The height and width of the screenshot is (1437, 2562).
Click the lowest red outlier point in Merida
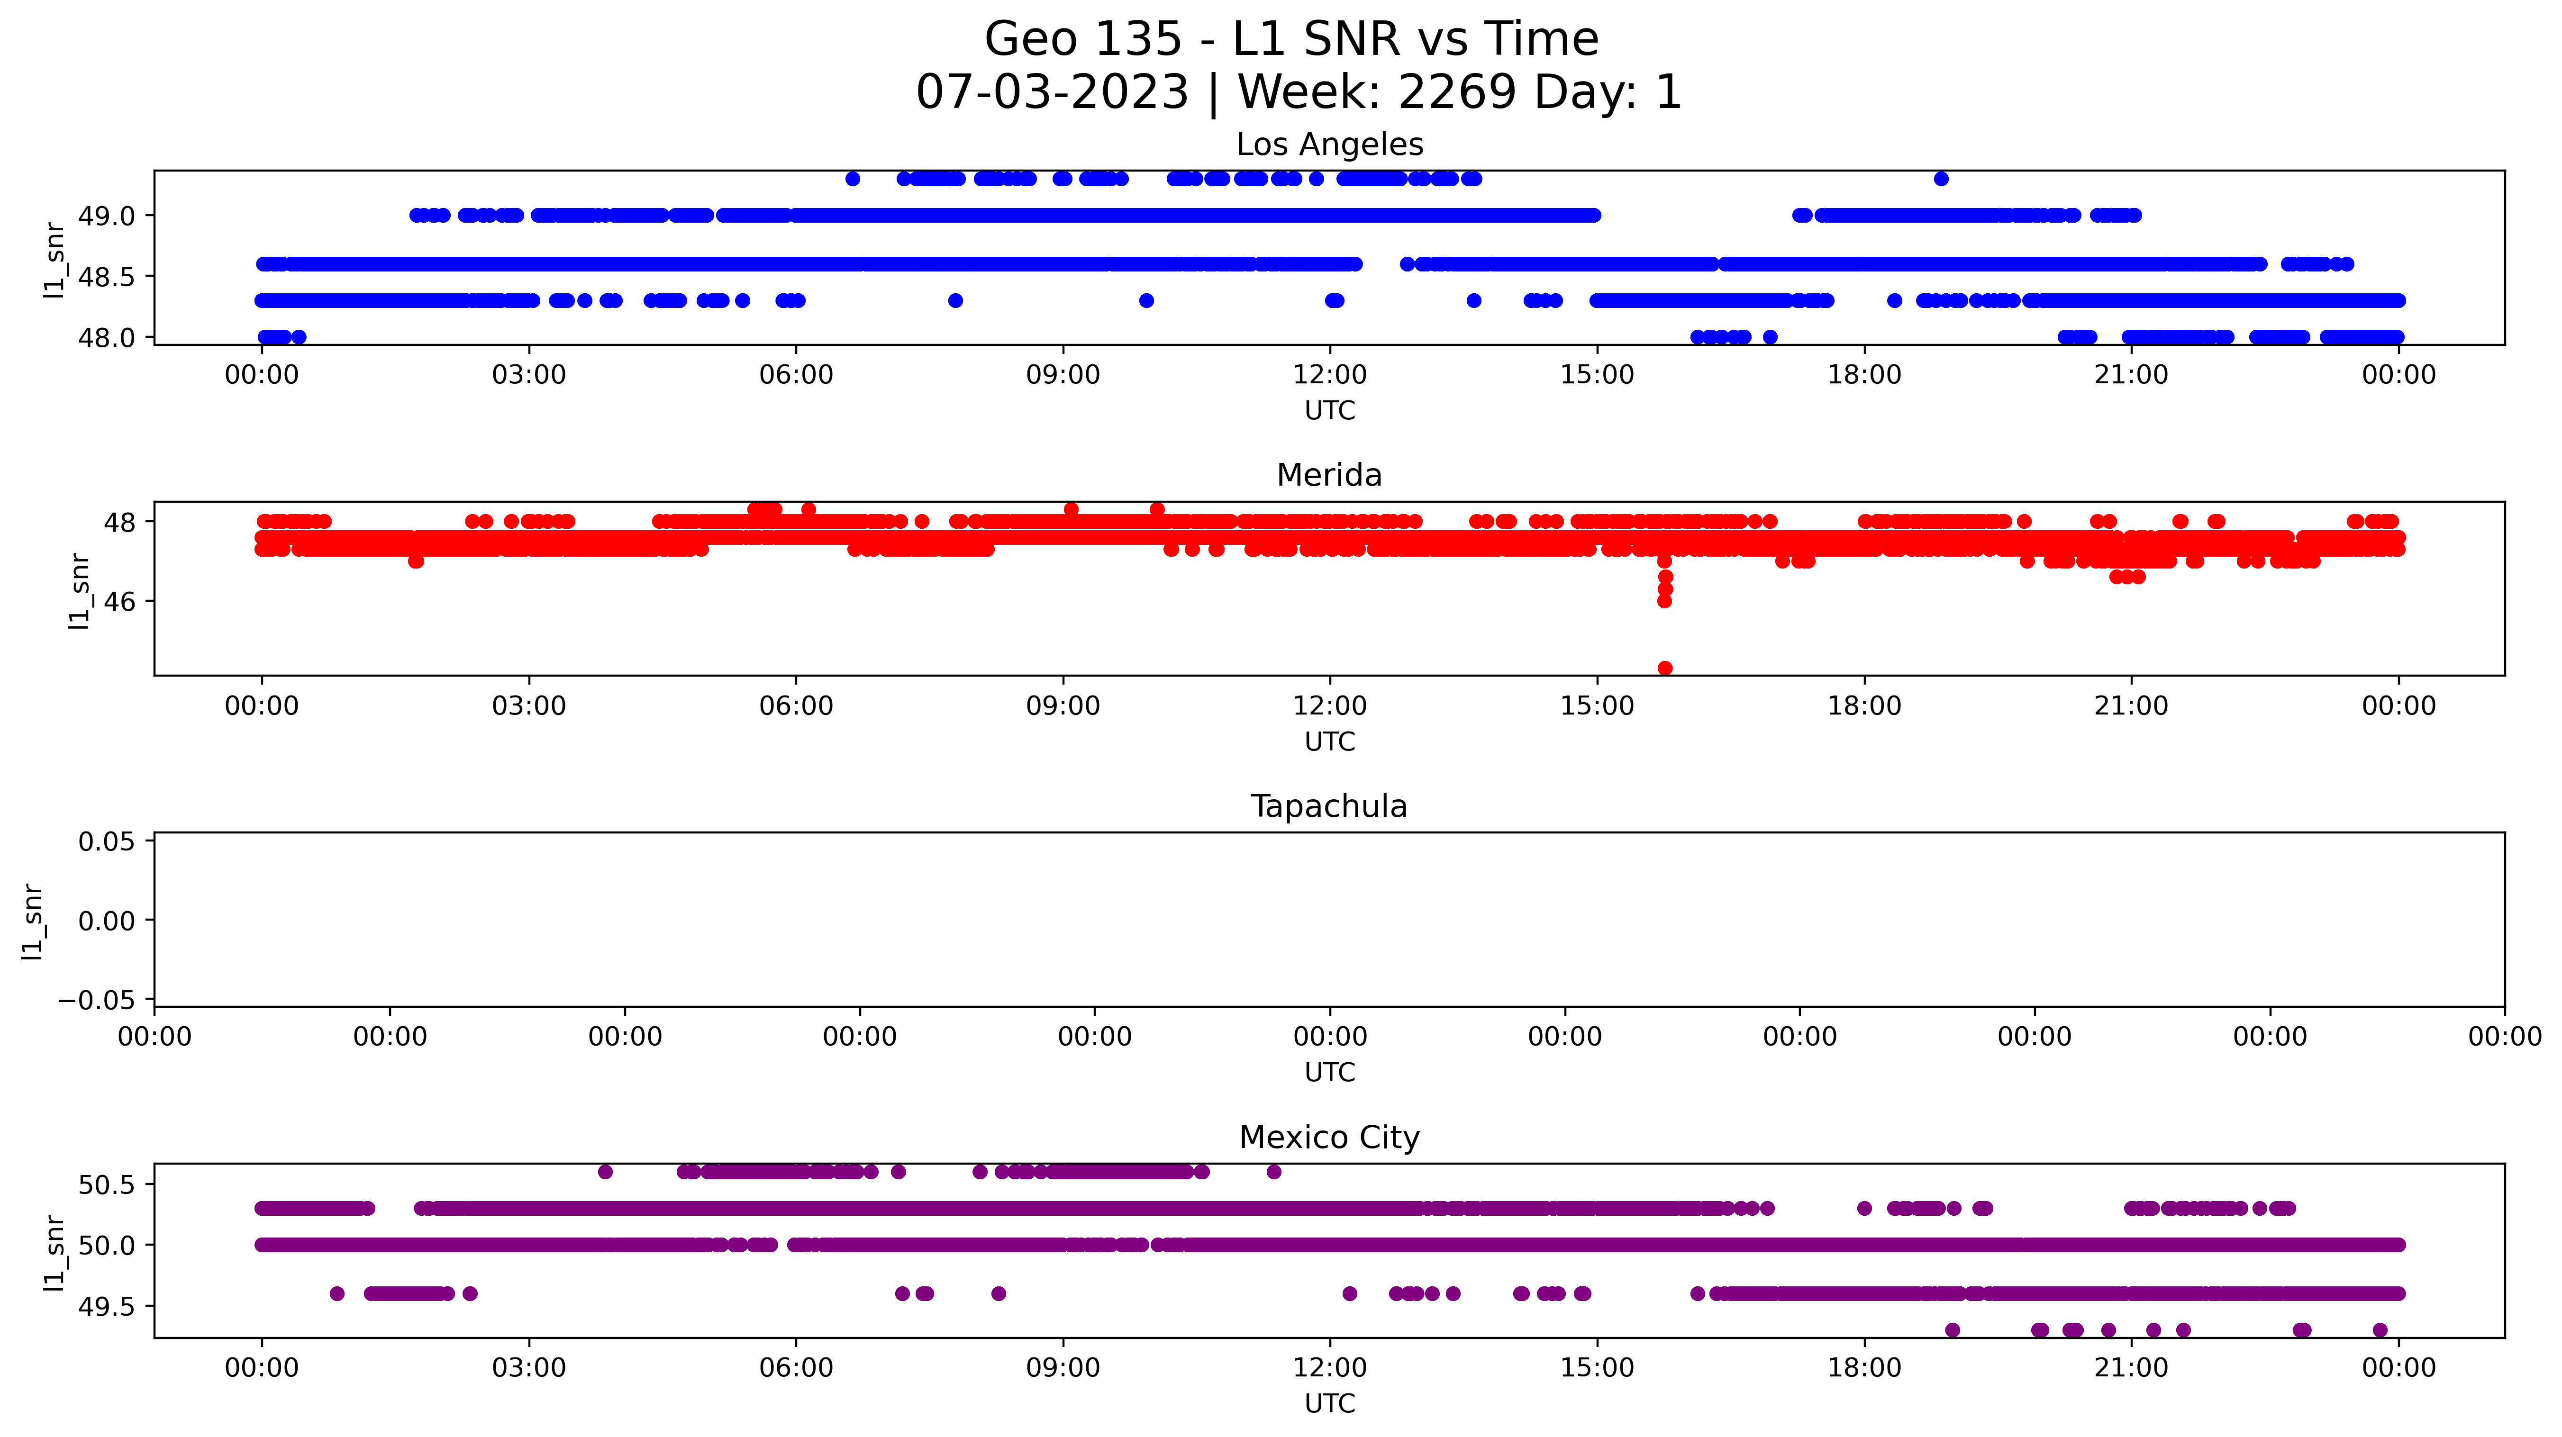pos(1665,669)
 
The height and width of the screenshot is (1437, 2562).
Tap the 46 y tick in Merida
pos(119,602)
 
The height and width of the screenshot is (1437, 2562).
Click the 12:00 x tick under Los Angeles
pos(1330,375)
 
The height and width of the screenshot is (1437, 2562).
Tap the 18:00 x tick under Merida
pos(1864,706)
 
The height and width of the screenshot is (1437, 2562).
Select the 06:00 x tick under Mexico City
pos(796,1368)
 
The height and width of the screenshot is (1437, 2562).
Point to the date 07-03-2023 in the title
pos(1051,92)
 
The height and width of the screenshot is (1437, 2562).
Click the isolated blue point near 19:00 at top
pos(1940,179)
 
